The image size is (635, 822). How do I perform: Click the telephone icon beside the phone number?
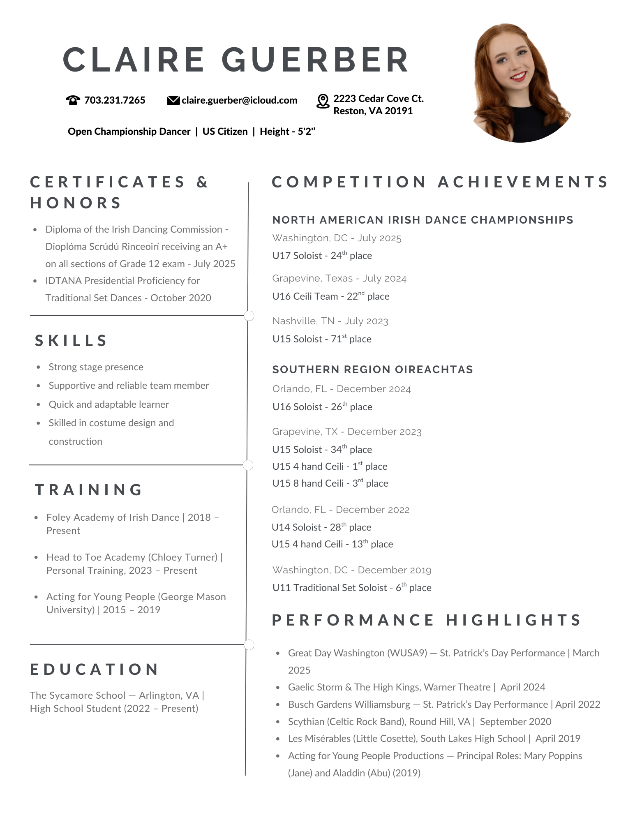coord(73,100)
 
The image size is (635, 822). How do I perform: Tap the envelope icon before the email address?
coord(173,100)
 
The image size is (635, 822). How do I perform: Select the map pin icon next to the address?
coord(323,101)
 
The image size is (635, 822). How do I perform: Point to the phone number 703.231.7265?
coord(115,100)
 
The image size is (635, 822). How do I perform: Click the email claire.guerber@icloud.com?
coord(240,100)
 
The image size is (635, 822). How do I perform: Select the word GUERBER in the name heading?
coord(315,60)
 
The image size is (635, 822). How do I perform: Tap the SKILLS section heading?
coord(71,341)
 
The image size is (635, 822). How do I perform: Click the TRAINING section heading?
coord(89,490)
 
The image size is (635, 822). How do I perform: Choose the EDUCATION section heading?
coord(95,670)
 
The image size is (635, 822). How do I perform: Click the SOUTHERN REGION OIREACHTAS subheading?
coord(372,369)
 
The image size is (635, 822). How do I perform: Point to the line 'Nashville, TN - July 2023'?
coord(330,321)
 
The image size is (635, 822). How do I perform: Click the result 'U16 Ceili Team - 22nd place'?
coord(330,296)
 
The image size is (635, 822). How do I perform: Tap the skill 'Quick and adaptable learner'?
coord(109,404)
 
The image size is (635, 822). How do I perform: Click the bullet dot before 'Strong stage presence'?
coord(38,367)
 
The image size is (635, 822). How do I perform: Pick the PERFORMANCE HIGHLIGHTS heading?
coord(426,620)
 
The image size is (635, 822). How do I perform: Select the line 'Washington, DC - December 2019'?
coord(352,570)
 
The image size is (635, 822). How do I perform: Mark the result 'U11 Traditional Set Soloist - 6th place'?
coord(352,588)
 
